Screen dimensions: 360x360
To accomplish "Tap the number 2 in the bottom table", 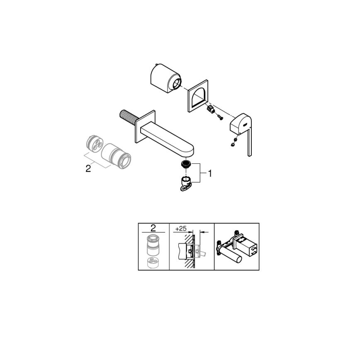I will [x=153, y=228].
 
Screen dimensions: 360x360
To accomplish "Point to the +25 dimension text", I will [x=180, y=228].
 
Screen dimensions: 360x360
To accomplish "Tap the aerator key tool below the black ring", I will [x=185, y=183].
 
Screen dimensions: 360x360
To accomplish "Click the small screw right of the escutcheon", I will [x=221, y=118].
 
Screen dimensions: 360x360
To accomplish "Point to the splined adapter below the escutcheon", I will [x=210, y=110].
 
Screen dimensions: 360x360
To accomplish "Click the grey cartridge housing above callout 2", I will [x=116, y=156].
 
